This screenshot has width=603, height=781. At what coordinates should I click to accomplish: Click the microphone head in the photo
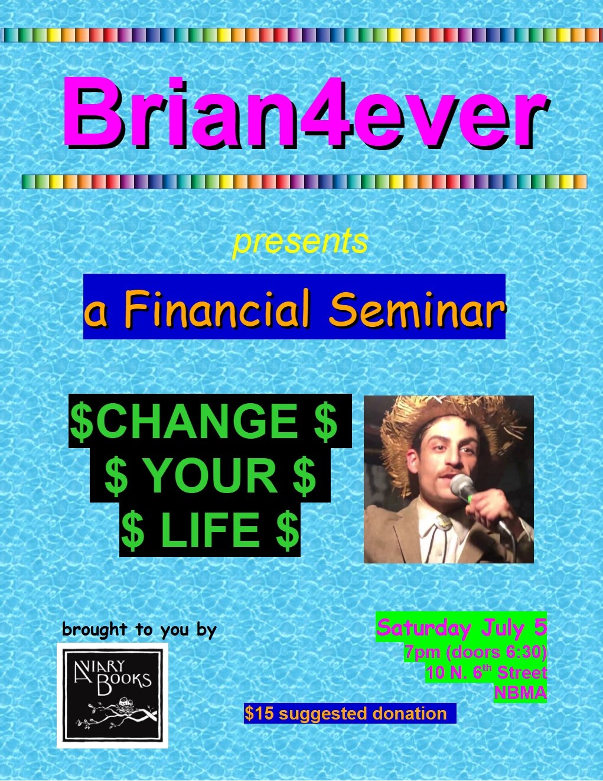[x=463, y=485]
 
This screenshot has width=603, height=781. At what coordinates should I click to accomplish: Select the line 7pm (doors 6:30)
[x=475, y=652]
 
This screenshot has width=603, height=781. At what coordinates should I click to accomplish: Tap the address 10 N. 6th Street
[x=487, y=672]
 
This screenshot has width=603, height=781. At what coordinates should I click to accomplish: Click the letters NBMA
[x=520, y=692]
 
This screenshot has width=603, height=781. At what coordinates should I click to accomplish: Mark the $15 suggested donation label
[x=345, y=713]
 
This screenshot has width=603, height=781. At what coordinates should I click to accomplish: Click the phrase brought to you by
[x=139, y=630]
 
